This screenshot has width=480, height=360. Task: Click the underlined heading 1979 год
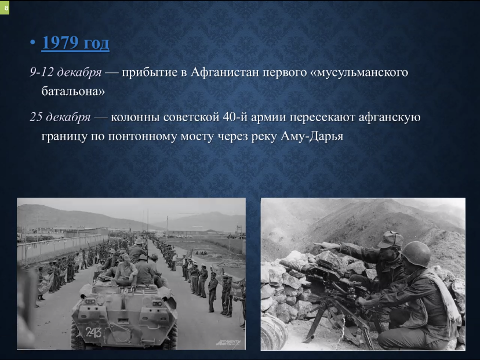[x=75, y=42]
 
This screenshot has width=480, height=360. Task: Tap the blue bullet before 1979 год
[x=33, y=42]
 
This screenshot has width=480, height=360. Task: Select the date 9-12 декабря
[x=66, y=72]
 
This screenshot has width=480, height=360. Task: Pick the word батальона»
[x=73, y=91]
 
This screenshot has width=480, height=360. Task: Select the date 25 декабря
[x=60, y=117]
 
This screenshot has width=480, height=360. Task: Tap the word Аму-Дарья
[x=312, y=136]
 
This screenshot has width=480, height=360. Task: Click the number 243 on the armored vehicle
[x=93, y=332]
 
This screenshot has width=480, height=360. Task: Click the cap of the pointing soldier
[x=390, y=239]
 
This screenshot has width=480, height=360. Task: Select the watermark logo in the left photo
[x=228, y=343]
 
